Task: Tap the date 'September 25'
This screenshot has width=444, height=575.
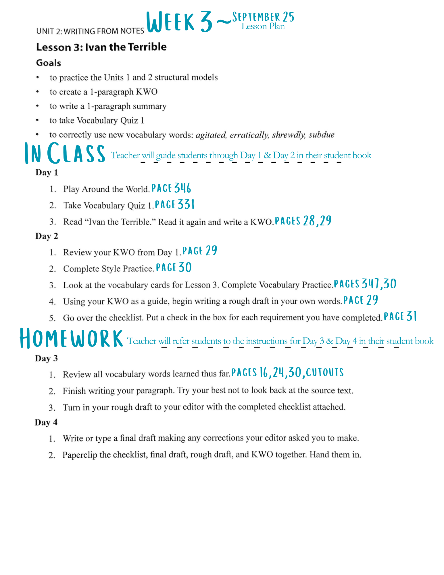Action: [x=263, y=17]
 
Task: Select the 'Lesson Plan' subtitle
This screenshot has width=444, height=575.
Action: [x=263, y=26]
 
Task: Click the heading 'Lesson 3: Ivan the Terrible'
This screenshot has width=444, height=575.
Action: [x=101, y=47]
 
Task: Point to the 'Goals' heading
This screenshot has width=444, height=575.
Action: [x=49, y=63]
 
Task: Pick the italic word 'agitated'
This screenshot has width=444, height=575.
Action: [x=211, y=135]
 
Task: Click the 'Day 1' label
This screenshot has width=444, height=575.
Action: [x=47, y=172]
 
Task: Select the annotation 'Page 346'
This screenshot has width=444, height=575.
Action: [x=171, y=188]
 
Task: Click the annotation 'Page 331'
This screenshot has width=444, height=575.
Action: [x=175, y=205]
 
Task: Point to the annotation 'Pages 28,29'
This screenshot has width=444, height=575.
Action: [x=303, y=221]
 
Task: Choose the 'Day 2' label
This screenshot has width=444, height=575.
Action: [x=47, y=236]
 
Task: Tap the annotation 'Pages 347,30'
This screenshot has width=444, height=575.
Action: [x=365, y=284]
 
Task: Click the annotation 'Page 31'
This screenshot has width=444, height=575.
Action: [x=400, y=317]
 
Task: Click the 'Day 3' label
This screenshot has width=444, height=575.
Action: [x=46, y=359]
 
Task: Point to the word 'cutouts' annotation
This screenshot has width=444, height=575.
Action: [x=325, y=373]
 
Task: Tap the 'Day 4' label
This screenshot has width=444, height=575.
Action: [x=46, y=422]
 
